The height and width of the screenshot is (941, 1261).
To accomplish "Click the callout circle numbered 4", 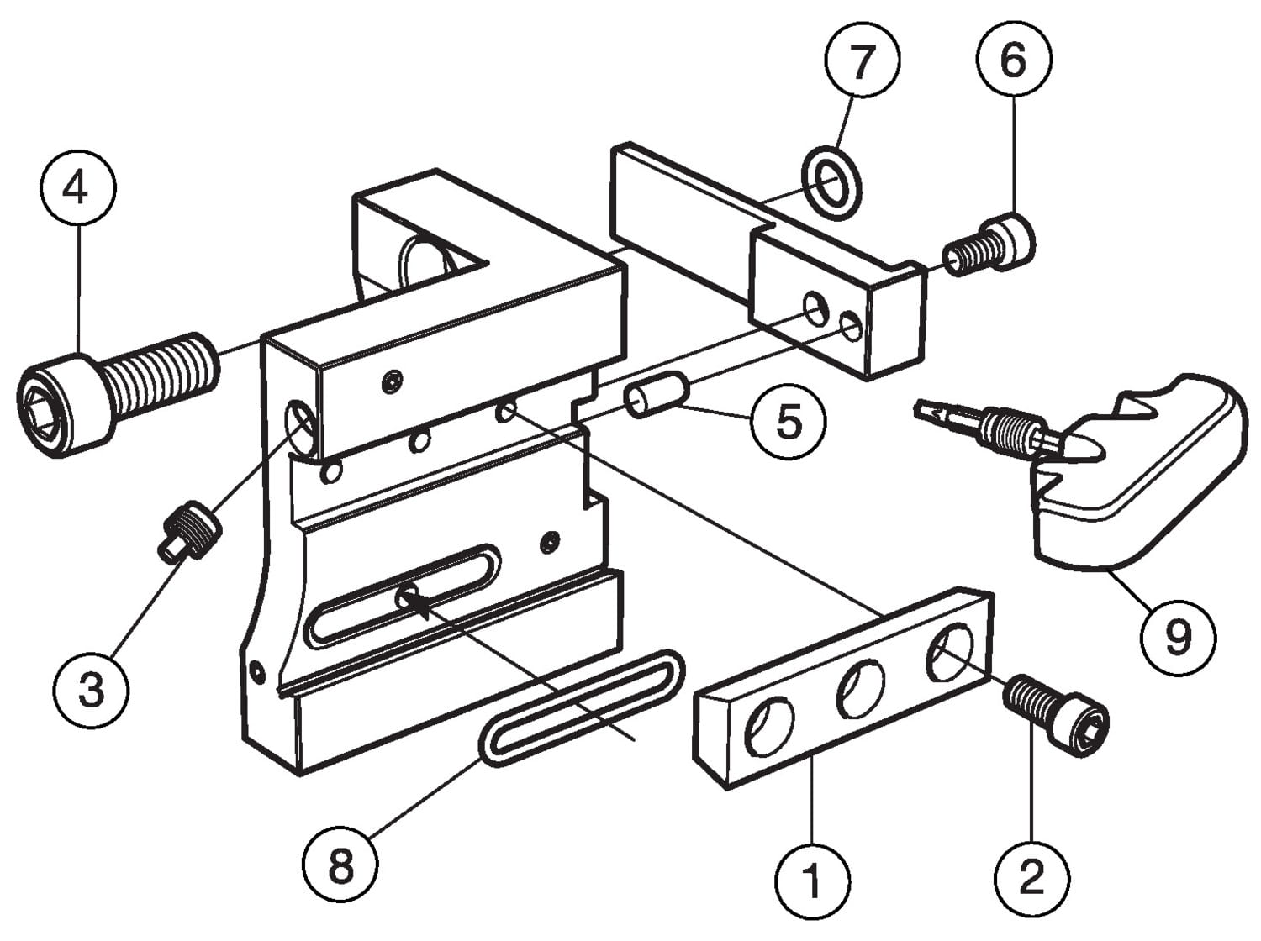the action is click(x=78, y=187).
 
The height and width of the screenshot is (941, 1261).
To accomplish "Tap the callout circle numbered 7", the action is click(x=863, y=60).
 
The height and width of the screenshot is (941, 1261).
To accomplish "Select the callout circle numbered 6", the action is click(x=1015, y=59).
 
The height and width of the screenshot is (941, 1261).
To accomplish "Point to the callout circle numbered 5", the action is click(x=789, y=420).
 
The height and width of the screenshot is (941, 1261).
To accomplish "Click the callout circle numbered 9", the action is click(x=1179, y=635).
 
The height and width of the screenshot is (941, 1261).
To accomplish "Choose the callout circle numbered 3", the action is click(x=91, y=690).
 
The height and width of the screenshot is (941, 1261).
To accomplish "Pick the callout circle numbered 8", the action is click(x=340, y=865).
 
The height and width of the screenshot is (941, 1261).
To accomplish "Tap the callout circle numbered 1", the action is click(x=812, y=881).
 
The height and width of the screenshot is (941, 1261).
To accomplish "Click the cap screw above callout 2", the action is click(x=1055, y=715).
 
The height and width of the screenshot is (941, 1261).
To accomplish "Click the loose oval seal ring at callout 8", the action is click(x=581, y=708).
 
